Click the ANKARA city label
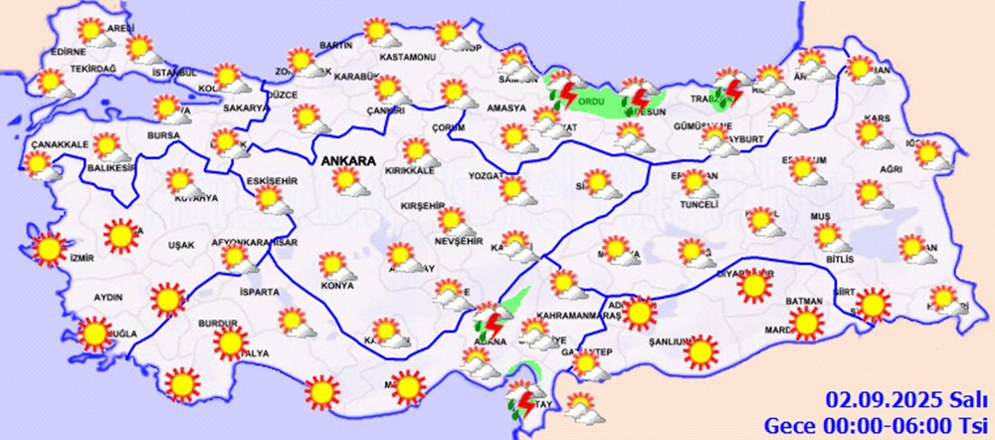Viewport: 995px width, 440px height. (x=347, y=159)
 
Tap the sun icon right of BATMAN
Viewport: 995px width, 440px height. (x=872, y=304)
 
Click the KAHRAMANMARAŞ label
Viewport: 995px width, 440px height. (x=564, y=315)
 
